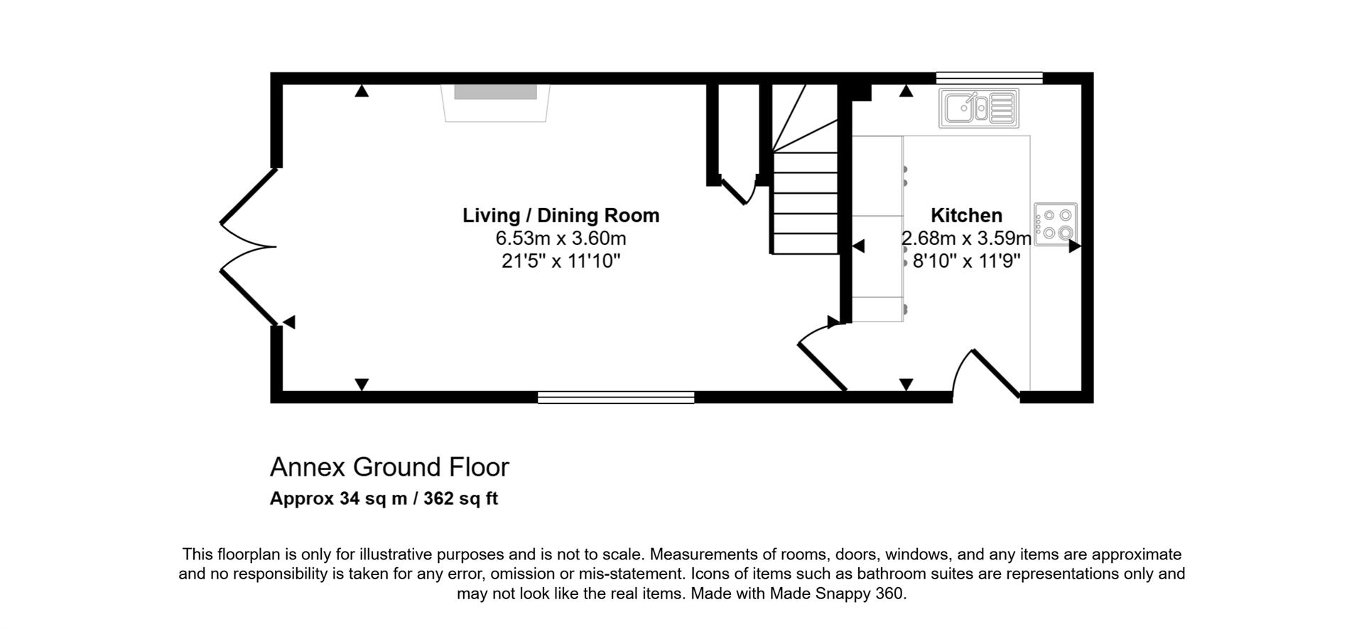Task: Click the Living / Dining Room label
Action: (561, 215)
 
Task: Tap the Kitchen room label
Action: (966, 215)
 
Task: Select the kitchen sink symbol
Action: (978, 108)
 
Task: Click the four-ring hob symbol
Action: (1056, 224)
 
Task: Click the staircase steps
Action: (806, 202)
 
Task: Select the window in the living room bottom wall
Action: (615, 398)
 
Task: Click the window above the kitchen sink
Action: (989, 77)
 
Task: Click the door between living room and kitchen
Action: (822, 359)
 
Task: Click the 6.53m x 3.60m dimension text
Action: (561, 239)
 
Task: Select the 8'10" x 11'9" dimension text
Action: (966, 261)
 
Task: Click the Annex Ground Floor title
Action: (389, 467)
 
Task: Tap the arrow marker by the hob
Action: (1074, 246)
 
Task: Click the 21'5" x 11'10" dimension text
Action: (561, 261)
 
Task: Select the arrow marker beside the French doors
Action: (288, 322)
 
